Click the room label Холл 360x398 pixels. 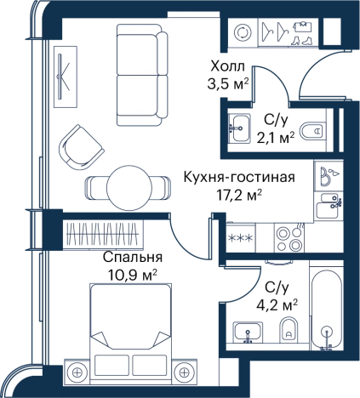pos(227,67)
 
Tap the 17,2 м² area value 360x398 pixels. pos(239,195)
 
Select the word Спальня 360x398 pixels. pos(133,258)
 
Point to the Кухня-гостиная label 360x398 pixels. pos(239,178)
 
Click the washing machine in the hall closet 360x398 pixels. pos(243,31)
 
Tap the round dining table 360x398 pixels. pos(129,188)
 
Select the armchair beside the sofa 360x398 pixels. pos(81,147)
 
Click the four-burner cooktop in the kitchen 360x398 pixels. pos(289,238)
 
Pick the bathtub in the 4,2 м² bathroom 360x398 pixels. pos(326,310)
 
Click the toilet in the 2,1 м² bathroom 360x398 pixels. pos(311,131)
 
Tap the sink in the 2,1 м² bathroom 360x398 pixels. pos(239,128)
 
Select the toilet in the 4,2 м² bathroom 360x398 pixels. pos(289,330)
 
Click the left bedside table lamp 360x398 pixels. pos(77,372)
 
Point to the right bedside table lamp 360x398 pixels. pos(184,372)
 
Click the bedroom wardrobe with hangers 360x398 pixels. pos(103,234)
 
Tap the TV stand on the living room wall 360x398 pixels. pos(66,77)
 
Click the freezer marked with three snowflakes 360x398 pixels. pos(241,237)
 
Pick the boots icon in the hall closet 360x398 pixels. pos(301,41)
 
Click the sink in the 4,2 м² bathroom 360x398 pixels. pos(248,332)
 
